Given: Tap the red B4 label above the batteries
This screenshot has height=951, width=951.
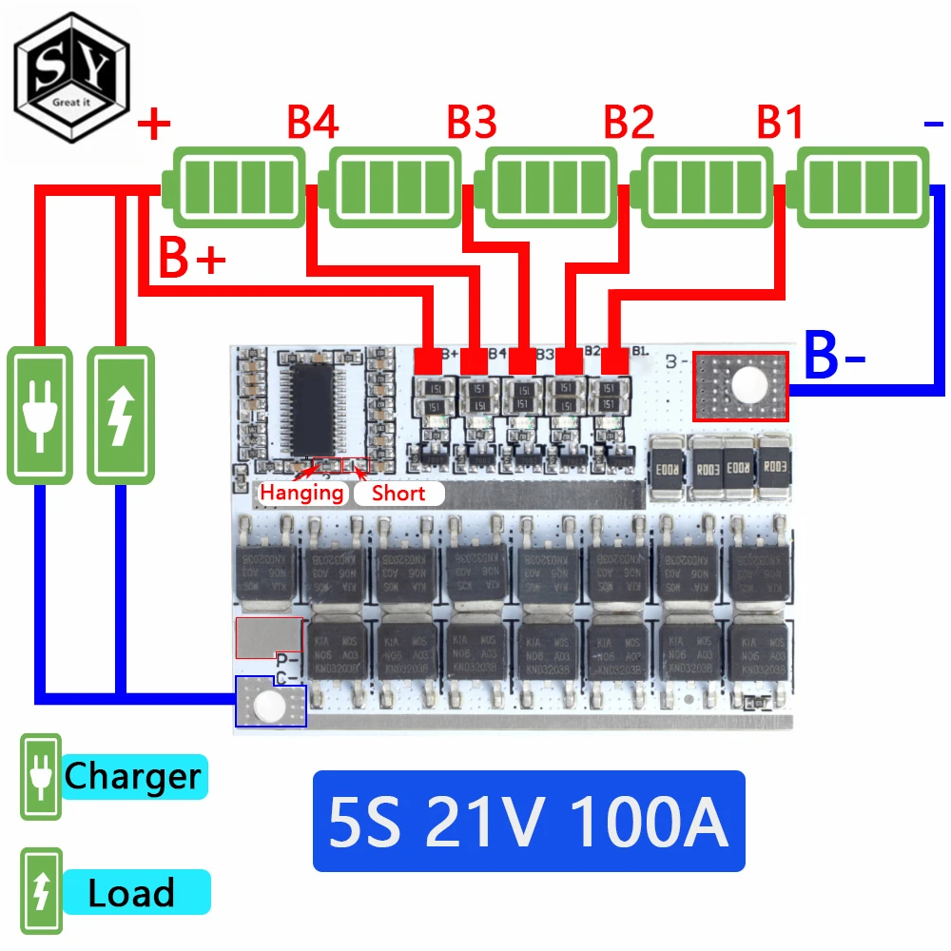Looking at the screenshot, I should [313, 124].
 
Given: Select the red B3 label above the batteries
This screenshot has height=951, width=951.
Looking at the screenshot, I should [472, 124].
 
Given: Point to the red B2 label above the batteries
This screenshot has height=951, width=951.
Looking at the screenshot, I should [629, 124].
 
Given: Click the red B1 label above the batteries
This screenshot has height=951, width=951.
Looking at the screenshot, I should [781, 124].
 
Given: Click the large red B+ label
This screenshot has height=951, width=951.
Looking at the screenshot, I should [191, 259].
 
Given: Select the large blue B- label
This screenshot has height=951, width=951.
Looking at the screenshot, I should [836, 357].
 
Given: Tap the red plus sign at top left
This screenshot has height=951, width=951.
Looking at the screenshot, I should [155, 124].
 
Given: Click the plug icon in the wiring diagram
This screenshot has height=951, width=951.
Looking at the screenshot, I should [40, 415].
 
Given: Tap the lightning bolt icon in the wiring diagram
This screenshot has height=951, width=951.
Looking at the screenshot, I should [120, 415].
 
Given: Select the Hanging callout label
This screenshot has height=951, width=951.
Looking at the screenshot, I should [301, 493].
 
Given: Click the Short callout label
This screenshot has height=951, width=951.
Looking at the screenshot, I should [398, 493].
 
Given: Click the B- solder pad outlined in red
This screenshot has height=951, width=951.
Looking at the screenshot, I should [741, 386].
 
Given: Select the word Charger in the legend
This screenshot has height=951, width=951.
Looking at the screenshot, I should [132, 777].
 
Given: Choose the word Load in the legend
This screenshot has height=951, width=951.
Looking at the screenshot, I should [131, 894].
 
